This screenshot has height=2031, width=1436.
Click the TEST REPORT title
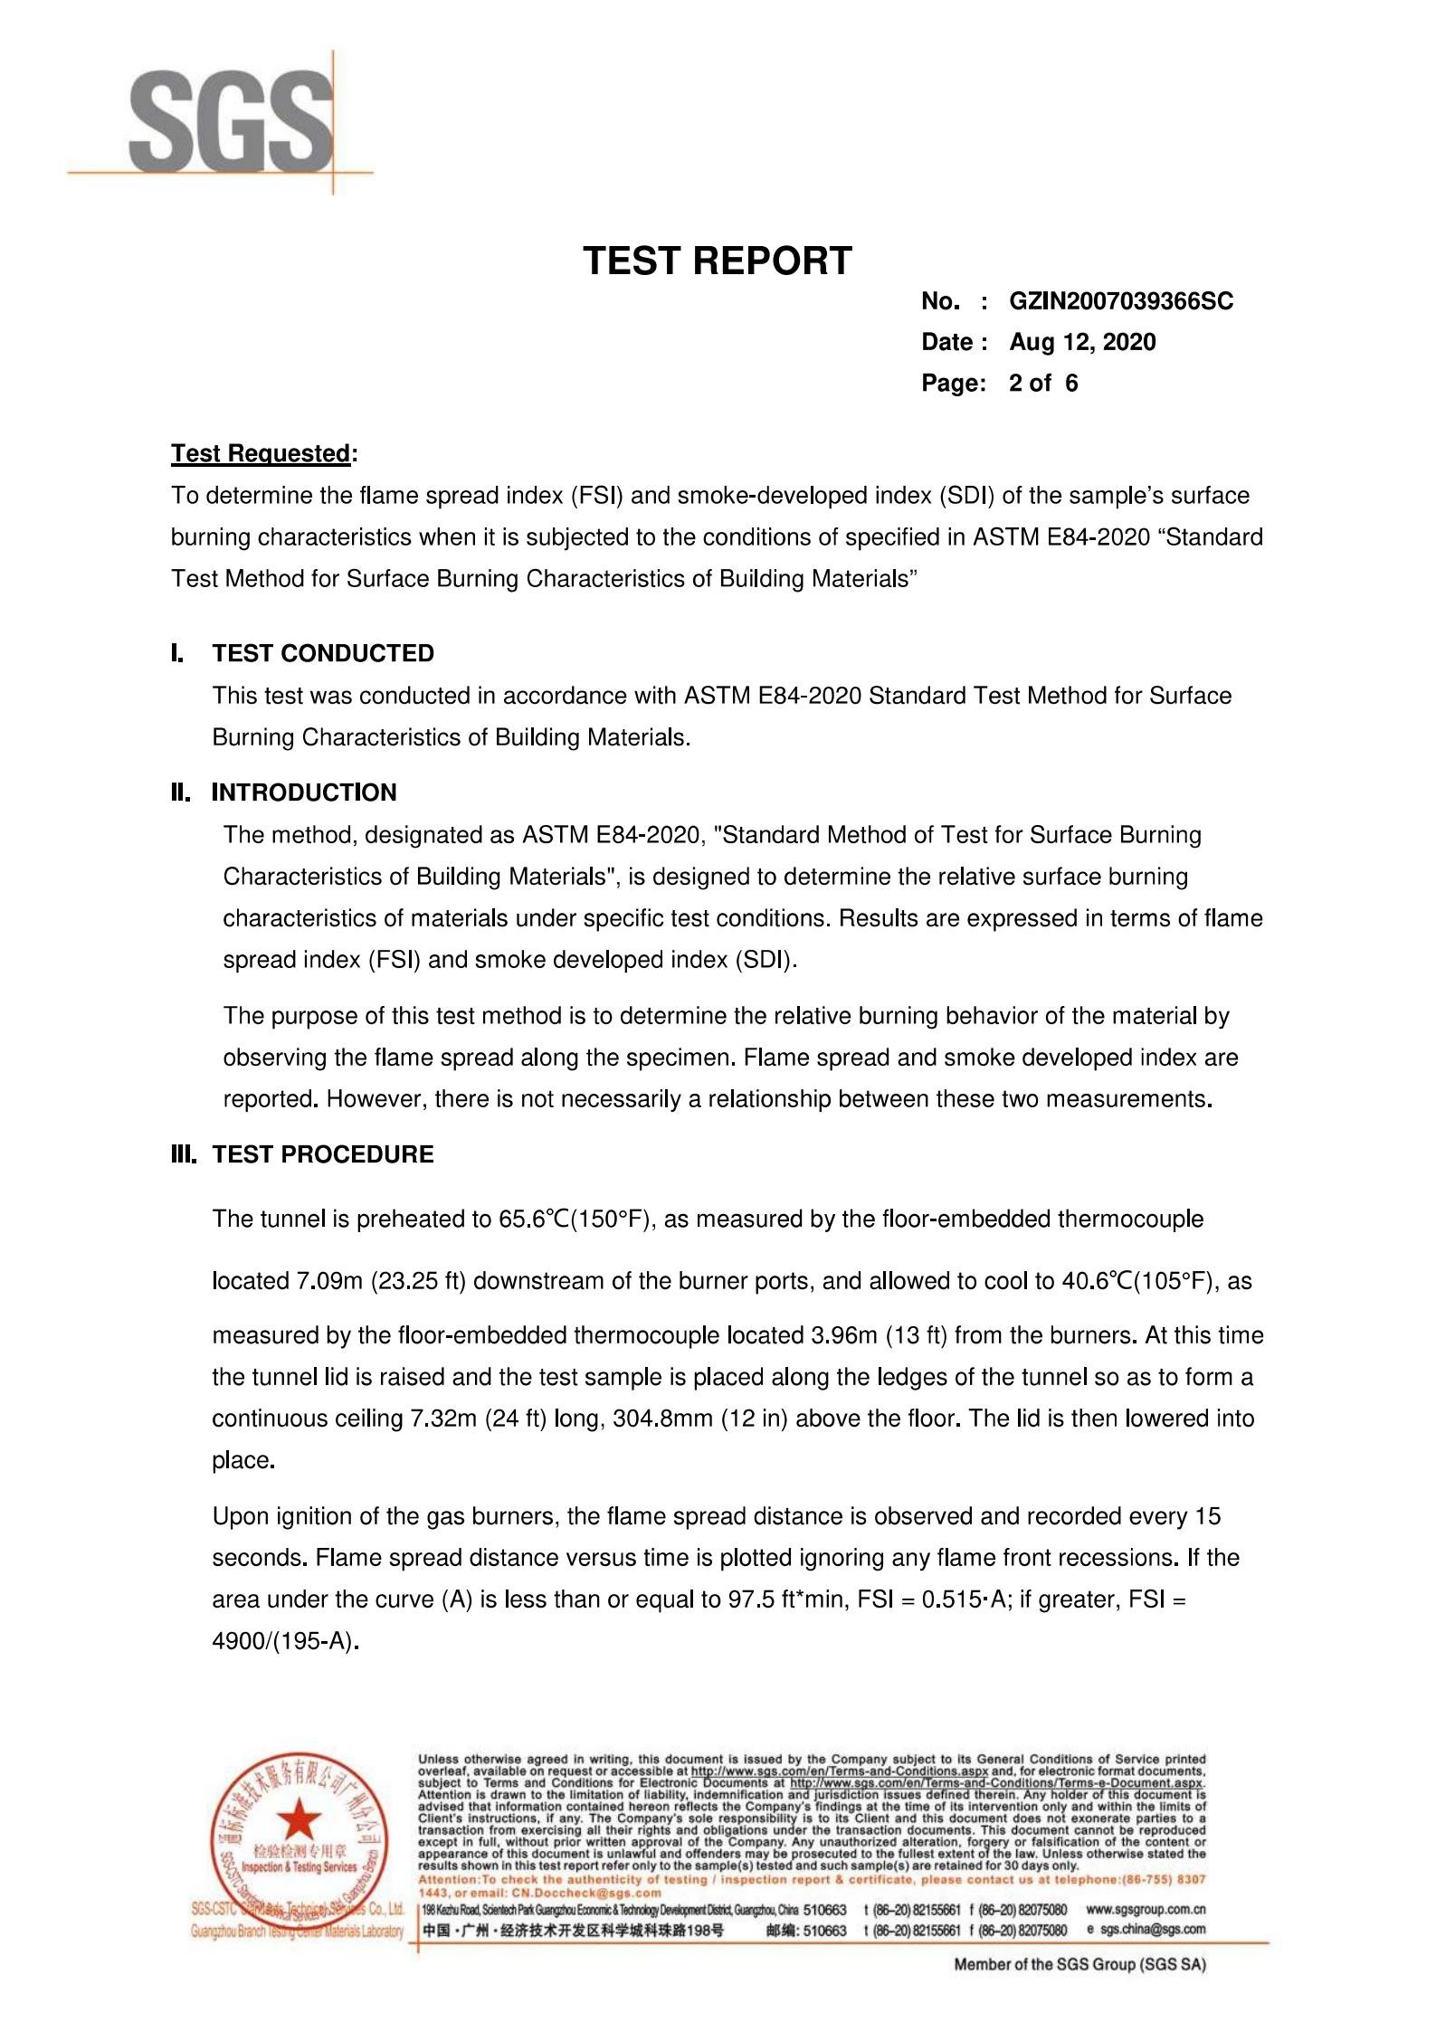pyautogui.click(x=717, y=261)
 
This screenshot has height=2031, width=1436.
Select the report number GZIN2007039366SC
pyautogui.click(x=1120, y=301)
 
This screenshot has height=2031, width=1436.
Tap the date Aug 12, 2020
pyautogui.click(x=1082, y=342)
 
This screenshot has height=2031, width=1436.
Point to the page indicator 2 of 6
pyautogui.click(x=1043, y=384)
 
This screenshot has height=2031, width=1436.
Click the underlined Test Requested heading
pyautogui.click(x=261, y=453)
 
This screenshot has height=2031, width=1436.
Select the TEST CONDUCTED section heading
pyautogui.click(x=323, y=653)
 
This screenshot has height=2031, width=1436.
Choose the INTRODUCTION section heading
pyautogui.click(x=304, y=792)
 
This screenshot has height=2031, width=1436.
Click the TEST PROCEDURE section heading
pyautogui.click(x=323, y=1154)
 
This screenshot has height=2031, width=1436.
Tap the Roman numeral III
pyautogui.click(x=184, y=1154)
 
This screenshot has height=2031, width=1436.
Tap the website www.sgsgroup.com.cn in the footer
pyautogui.click(x=1145, y=1910)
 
